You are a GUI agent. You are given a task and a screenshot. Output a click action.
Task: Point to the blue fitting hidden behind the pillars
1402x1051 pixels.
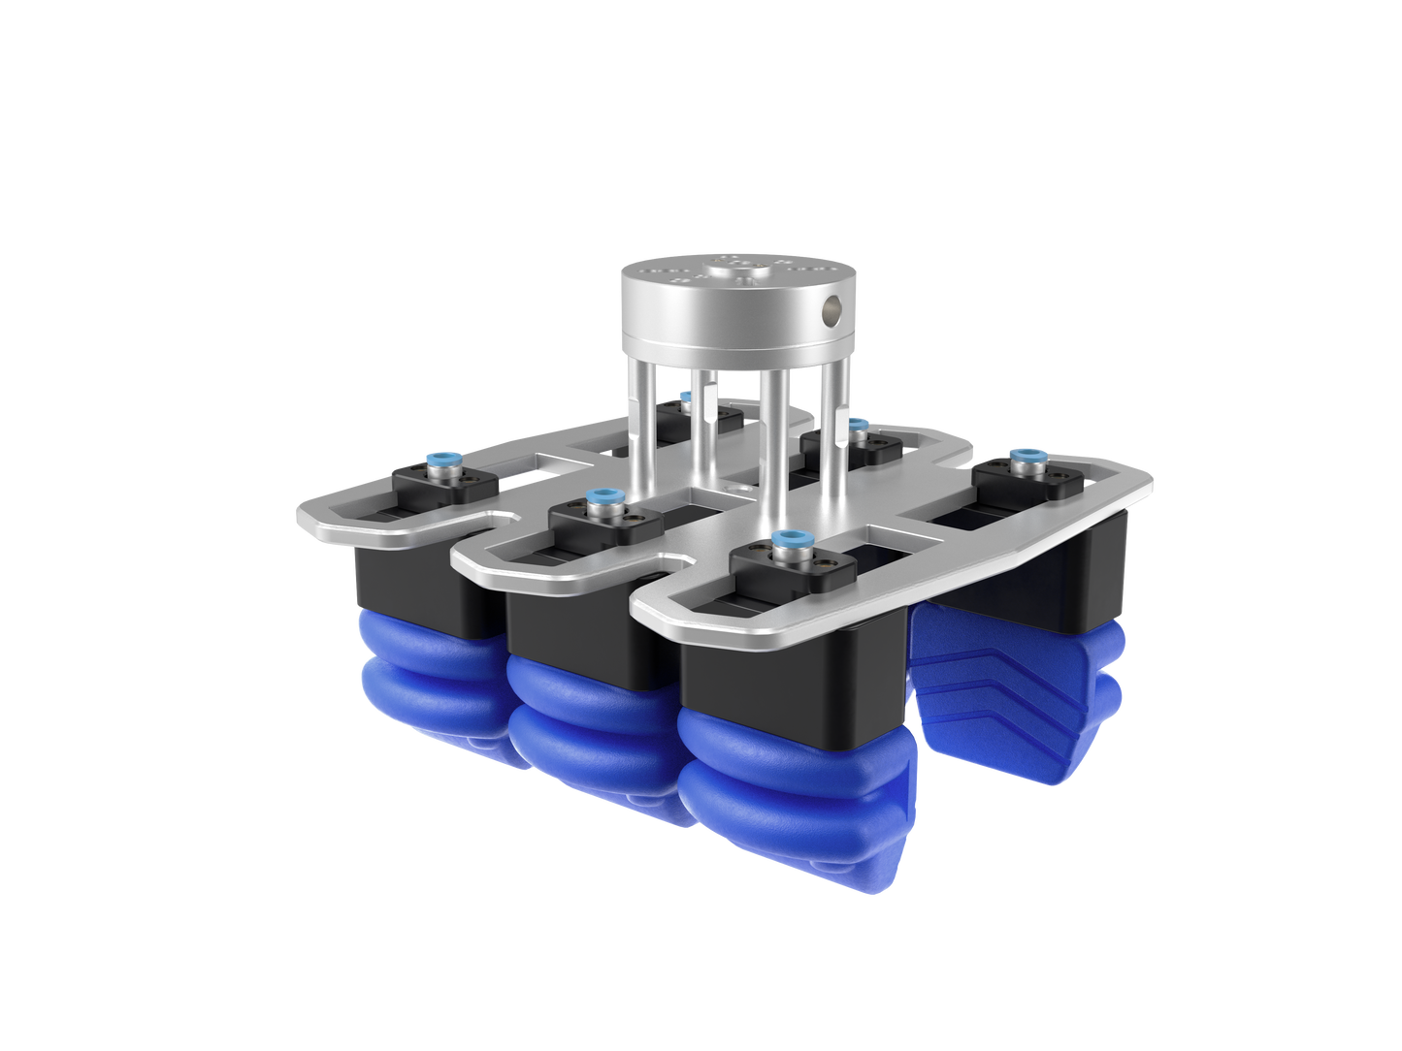tap(685, 395)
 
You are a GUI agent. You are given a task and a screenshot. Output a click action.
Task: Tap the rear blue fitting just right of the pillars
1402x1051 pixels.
tap(858, 424)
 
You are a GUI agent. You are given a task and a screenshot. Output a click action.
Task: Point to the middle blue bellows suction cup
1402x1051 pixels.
tap(582, 717)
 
